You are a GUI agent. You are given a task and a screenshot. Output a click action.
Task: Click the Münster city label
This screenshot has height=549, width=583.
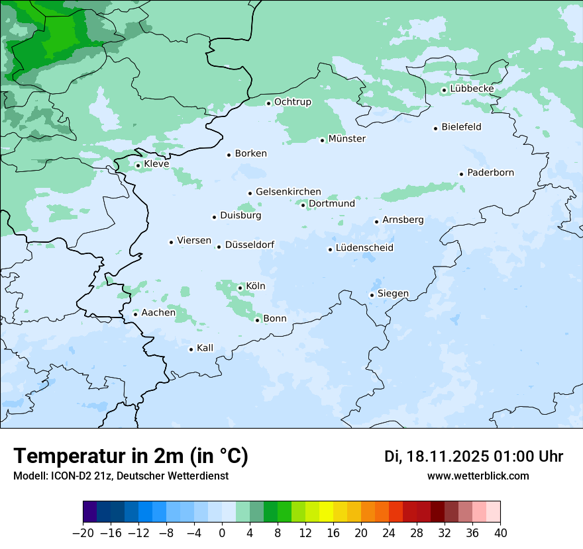click(346, 139)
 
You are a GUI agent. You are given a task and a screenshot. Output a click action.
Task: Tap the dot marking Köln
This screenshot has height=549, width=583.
click(240, 288)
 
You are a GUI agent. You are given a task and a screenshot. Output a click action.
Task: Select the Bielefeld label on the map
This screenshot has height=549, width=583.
click(461, 127)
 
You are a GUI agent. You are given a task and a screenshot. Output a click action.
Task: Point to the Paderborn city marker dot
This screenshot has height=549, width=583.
click(461, 174)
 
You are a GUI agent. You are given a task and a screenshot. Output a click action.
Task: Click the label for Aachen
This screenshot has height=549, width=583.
click(158, 313)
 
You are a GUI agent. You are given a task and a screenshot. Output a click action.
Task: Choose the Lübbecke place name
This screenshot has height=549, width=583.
click(472, 89)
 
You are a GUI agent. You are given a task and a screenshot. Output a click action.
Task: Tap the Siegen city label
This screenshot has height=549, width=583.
click(393, 294)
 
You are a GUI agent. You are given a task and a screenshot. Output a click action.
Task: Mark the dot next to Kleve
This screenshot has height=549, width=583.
click(138, 165)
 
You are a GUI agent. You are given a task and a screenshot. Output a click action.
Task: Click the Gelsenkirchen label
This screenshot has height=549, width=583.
click(288, 192)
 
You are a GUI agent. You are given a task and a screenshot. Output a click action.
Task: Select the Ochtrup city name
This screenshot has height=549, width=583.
click(292, 102)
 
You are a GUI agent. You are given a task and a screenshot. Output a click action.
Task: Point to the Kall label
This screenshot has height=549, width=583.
click(205, 348)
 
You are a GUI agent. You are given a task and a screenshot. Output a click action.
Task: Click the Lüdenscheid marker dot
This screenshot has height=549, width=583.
click(330, 249)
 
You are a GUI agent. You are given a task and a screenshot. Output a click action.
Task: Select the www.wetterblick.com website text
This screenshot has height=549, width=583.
click(478, 476)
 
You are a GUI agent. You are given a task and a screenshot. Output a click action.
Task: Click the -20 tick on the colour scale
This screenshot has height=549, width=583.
click(83, 533)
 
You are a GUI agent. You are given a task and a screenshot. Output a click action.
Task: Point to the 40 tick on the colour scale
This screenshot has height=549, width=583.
click(500, 533)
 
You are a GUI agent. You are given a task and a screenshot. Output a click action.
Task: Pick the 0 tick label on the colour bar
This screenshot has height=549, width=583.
click(222, 533)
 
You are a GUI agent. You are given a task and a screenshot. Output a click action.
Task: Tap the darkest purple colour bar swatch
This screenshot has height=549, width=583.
click(89, 512)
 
